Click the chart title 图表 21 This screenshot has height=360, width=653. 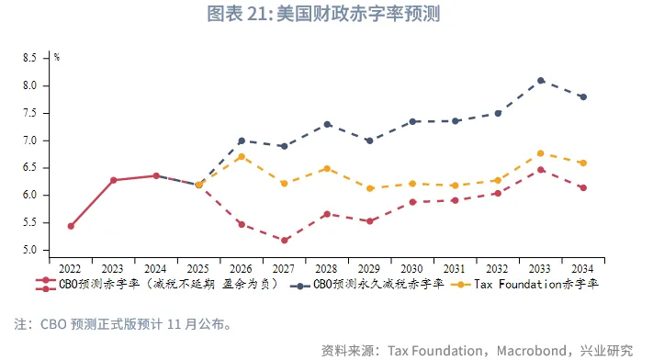(x=325, y=14)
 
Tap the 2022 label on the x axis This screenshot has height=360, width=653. (x=71, y=268)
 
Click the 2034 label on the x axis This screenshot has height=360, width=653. (x=582, y=268)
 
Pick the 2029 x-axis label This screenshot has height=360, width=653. (x=369, y=268)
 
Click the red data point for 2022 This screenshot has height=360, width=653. (x=71, y=226)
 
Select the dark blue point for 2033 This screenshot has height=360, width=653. (x=541, y=81)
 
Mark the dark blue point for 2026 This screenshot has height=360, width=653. (x=242, y=141)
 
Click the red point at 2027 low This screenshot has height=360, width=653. (x=285, y=241)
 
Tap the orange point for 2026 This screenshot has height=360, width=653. (x=242, y=157)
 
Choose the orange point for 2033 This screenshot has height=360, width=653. (x=541, y=153)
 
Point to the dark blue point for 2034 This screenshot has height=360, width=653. (x=583, y=96)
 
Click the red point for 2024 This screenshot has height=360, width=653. (x=156, y=175)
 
